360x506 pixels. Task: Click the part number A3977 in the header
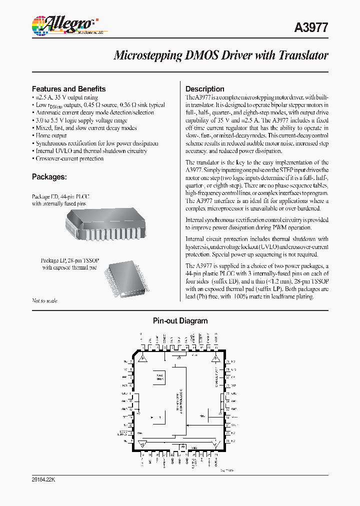tap(310, 28)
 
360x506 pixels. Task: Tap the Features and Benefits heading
tap(68, 89)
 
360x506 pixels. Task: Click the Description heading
tap(204, 89)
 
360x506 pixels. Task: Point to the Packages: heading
tap(49, 176)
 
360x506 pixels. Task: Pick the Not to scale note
tap(44, 300)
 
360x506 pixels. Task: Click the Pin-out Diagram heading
tap(179, 321)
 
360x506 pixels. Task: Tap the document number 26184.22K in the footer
tap(46, 479)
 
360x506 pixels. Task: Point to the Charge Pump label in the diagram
tap(216, 377)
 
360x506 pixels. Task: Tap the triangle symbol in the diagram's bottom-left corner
tap(142, 442)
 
